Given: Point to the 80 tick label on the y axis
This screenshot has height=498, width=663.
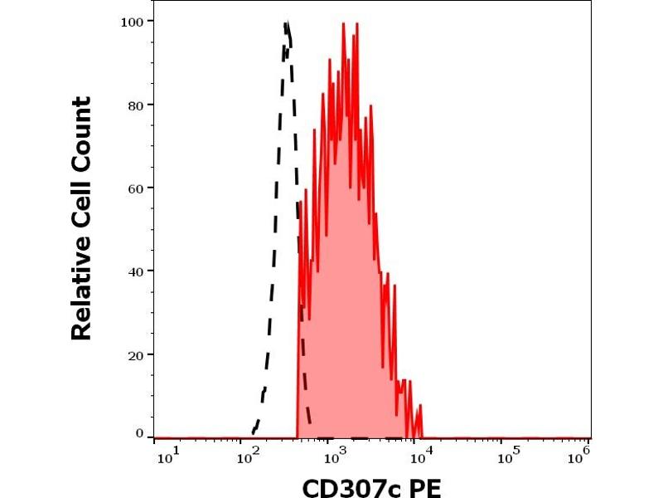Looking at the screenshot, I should pyautogui.click(x=136, y=105).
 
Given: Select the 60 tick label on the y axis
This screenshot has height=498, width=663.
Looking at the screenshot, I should pyautogui.click(x=136, y=188).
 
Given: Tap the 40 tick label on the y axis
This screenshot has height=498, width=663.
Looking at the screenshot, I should pyautogui.click(x=136, y=271).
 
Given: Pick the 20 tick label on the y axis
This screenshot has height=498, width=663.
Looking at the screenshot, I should pyautogui.click(x=136, y=354).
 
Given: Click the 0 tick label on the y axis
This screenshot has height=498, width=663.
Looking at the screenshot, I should pyautogui.click(x=139, y=433).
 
